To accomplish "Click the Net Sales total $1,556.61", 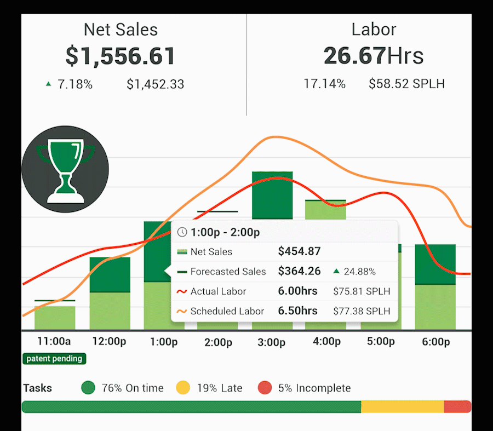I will tap(120, 56).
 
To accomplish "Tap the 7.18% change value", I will tap(76, 84).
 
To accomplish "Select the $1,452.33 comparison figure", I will tap(155, 84).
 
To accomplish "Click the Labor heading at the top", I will tap(374, 30).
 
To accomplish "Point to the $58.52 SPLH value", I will tap(406, 84).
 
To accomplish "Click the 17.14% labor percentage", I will tap(324, 84).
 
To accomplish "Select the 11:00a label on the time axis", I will tap(54, 342).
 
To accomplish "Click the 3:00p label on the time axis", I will tap(272, 343).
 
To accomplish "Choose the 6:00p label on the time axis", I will tap(435, 342).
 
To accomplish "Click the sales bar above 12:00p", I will tap(110, 293).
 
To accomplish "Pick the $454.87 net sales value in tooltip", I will tap(299, 252).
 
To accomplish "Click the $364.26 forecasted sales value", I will tap(299, 272).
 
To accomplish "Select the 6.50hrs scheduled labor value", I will tap(297, 311).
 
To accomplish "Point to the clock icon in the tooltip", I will tap(182, 232).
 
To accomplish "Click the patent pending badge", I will tap(54, 359).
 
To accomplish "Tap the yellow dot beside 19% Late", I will tap(183, 388).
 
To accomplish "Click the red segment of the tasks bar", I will tap(457, 407).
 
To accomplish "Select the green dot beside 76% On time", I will tap(88, 388).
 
